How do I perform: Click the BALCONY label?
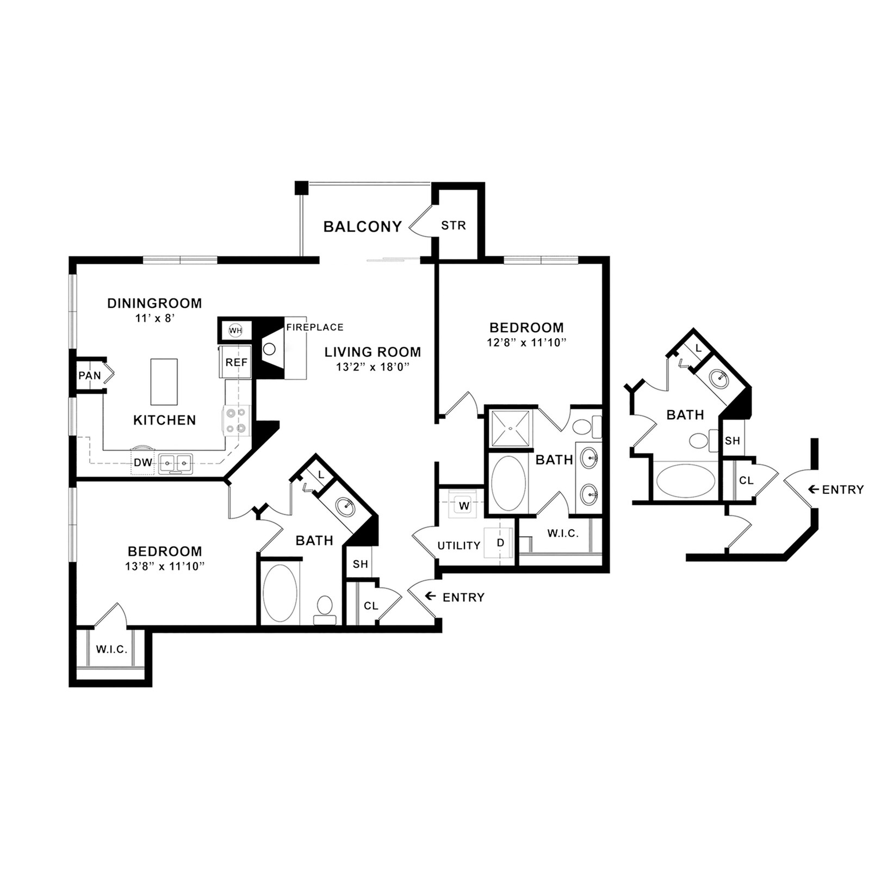click(362, 227)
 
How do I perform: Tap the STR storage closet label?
click(453, 226)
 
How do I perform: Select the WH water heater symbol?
click(235, 330)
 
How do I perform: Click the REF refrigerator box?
click(236, 362)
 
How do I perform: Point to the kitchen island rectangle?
click(164, 382)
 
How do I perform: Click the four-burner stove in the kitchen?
click(237, 420)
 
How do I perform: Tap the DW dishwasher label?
click(142, 463)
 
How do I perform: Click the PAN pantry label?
click(89, 375)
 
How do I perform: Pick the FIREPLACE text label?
click(315, 327)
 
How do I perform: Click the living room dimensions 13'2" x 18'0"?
click(372, 367)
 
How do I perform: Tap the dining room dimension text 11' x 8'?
click(154, 318)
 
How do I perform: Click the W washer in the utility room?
click(464, 506)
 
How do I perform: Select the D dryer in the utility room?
click(500, 543)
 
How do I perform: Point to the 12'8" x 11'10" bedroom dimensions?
click(526, 343)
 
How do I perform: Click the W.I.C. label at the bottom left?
click(111, 649)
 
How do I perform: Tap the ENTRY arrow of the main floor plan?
click(430, 597)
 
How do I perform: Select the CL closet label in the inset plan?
click(746, 481)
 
